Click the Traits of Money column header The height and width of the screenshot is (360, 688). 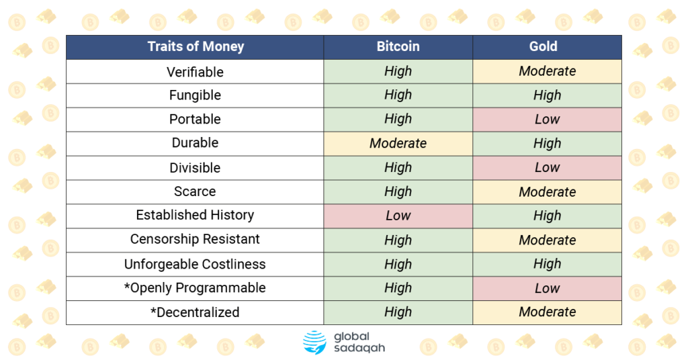pos(196,46)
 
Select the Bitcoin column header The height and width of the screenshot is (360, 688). pos(398,46)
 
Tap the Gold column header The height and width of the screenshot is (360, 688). pos(547,46)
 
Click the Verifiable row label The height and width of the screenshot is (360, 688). pos(195,72)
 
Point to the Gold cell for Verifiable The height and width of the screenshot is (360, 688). pos(547,71)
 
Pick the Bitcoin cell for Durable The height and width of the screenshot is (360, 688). pos(398,143)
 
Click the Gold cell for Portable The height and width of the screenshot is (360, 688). pos(547,120)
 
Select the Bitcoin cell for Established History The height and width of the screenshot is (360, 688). pos(398,216)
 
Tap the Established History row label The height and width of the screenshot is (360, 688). pos(195,215)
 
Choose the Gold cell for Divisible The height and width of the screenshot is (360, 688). pos(547,167)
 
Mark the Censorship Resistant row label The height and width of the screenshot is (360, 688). pos(195,239)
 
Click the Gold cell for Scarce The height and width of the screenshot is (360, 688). pos(547,191)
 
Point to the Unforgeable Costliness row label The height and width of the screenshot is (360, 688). pos(195,264)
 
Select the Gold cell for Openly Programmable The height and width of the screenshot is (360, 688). pos(547,288)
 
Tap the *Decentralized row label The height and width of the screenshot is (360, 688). pos(195,312)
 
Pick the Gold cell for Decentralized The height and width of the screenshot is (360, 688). pos(547,312)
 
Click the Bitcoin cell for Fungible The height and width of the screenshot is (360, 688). pos(398,95)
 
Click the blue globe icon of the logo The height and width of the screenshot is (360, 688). pos(314,343)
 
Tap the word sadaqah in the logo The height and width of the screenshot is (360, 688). pos(359,349)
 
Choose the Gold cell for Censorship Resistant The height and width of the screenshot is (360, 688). pos(547,240)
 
